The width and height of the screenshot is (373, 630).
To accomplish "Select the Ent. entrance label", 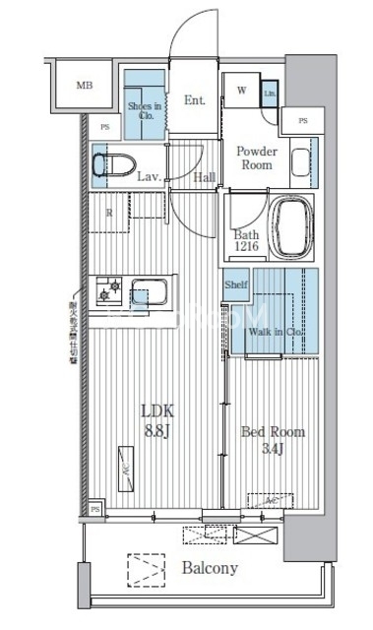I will [194, 98].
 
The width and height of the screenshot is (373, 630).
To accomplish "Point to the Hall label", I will [205, 177].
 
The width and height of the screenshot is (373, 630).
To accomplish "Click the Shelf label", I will [236, 284].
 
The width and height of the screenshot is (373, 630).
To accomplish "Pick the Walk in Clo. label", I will [276, 333].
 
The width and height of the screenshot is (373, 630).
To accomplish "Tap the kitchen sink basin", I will [152, 294].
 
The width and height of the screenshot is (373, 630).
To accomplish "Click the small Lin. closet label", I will [270, 94].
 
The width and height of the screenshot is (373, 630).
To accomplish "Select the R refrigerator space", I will [110, 212].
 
